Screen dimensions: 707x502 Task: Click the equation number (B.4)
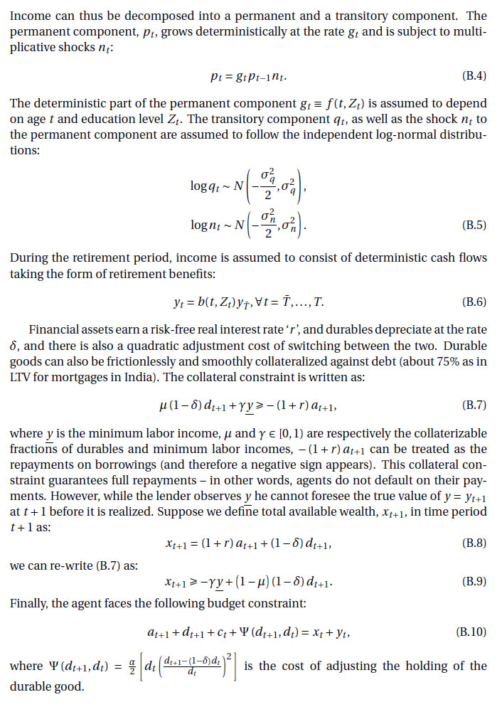[x=474, y=75]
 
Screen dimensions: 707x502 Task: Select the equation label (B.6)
[x=474, y=302]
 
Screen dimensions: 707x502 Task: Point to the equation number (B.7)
[x=474, y=405]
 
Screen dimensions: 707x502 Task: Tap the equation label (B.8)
[x=474, y=543]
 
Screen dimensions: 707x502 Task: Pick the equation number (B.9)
[x=474, y=581]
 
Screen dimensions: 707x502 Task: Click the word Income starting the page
[x=32, y=15]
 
